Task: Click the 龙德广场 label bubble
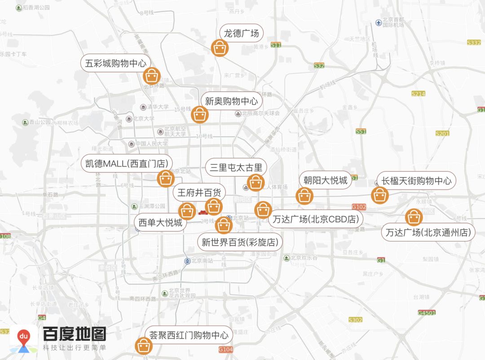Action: [241, 33]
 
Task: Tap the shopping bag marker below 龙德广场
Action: [220, 48]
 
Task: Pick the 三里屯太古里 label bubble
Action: [236, 168]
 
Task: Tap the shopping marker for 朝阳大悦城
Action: [304, 196]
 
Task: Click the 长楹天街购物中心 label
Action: [416, 181]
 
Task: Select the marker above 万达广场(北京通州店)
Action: [414, 217]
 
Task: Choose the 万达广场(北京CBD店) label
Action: [316, 219]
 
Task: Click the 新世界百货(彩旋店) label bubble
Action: [240, 242]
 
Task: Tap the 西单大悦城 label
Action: [160, 222]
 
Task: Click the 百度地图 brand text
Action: [75, 334]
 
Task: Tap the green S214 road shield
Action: [418, 94]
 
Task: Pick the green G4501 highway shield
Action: [426, 312]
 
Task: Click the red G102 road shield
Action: [359, 207]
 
